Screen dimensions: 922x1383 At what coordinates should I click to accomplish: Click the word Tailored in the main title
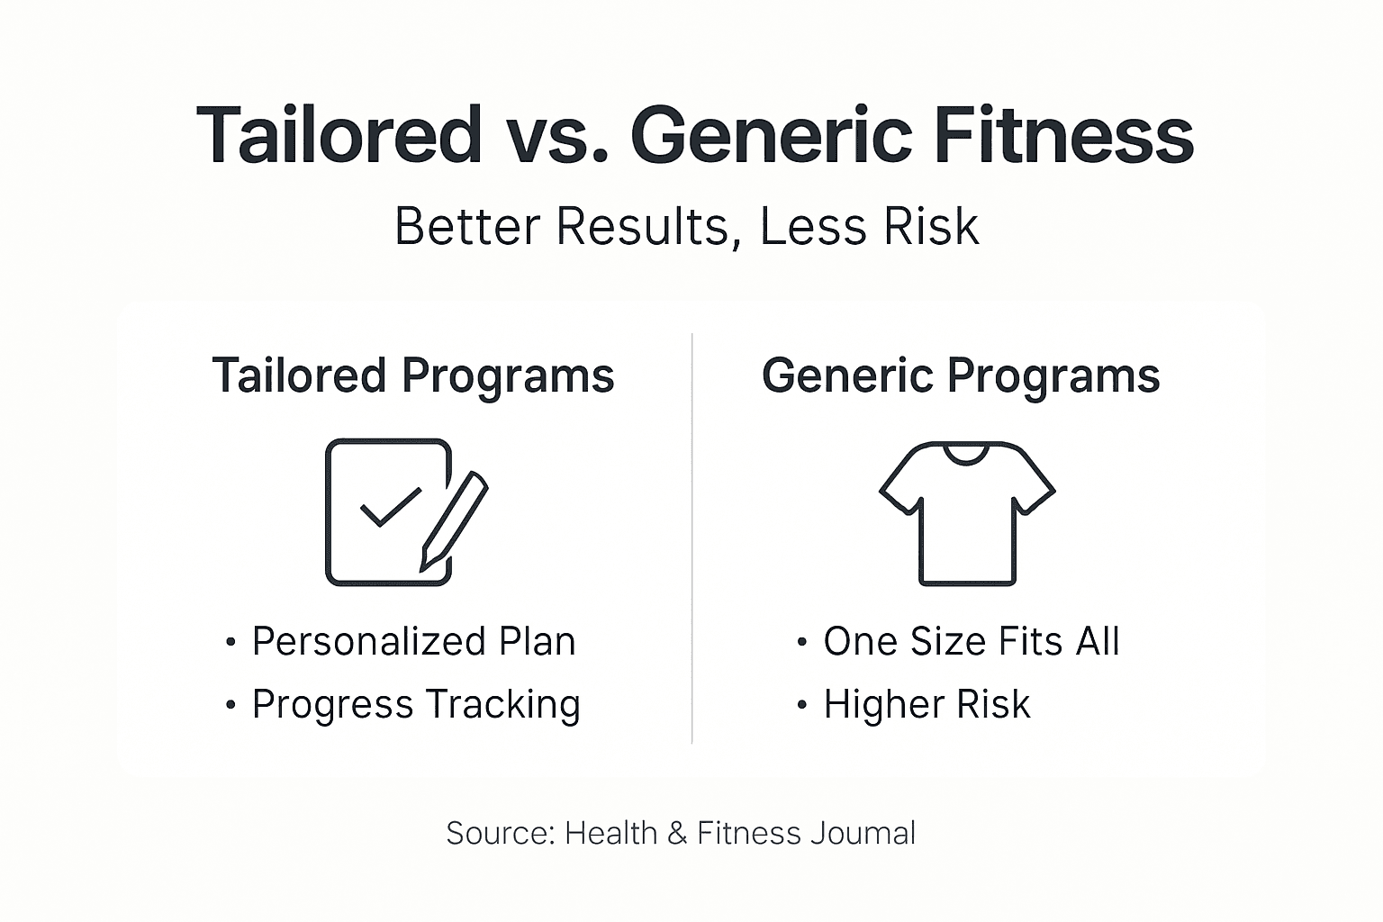(x=339, y=135)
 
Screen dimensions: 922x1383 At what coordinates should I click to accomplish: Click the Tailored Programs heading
(x=412, y=375)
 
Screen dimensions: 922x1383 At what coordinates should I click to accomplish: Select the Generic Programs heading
(x=961, y=375)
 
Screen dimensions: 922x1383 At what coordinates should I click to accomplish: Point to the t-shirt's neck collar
(x=967, y=452)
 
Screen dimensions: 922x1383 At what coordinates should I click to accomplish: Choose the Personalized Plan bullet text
(x=413, y=642)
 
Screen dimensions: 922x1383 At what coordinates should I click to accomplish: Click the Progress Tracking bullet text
(x=416, y=704)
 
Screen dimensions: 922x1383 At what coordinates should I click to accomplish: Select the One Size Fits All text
(x=971, y=642)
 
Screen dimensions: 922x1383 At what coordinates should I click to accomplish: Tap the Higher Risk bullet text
(x=926, y=704)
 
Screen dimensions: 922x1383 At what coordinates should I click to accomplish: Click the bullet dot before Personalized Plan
(x=230, y=643)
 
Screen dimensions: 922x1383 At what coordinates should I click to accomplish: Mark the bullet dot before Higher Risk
(x=802, y=705)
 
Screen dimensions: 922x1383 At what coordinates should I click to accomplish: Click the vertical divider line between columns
(x=691, y=540)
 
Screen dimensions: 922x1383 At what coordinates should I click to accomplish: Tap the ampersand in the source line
(x=677, y=833)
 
